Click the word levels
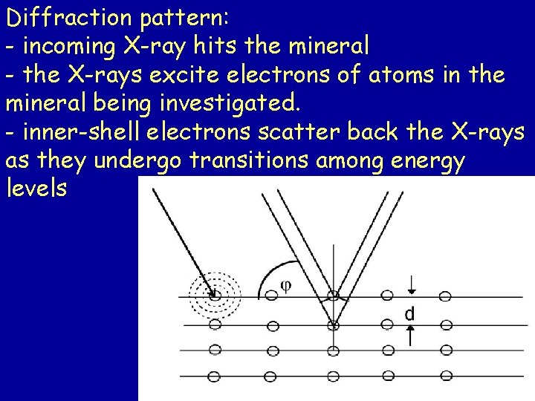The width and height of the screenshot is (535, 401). [x=36, y=188]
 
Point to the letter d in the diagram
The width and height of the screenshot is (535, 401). [x=409, y=314]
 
